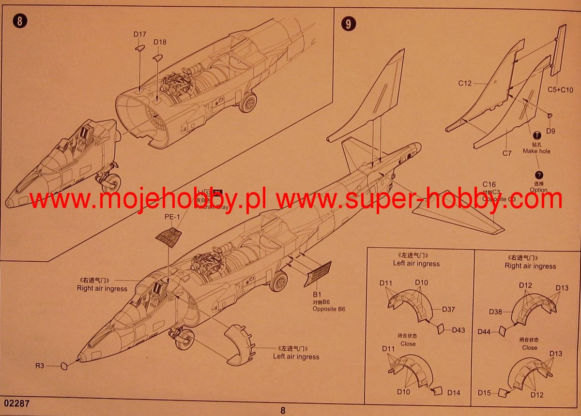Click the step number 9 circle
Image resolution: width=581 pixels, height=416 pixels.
click(348, 23)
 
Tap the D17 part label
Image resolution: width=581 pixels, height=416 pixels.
click(140, 34)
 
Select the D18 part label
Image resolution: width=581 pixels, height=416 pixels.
click(160, 42)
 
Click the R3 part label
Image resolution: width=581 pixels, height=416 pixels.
click(39, 366)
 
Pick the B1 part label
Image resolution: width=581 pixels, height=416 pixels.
click(317, 294)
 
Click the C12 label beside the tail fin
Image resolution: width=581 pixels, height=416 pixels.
click(465, 83)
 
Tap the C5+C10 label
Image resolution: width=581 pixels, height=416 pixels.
click(560, 89)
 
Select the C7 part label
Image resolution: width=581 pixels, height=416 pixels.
click(507, 153)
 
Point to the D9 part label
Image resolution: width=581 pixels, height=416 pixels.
click(551, 131)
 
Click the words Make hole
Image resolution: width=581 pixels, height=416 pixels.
click(536, 151)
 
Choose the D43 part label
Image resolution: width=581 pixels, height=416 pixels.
click(459, 330)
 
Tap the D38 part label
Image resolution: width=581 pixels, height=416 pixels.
click(495, 312)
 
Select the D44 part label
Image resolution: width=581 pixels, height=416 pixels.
click(484, 332)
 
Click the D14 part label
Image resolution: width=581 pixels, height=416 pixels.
click(454, 393)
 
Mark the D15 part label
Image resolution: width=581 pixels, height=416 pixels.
click(485, 392)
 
